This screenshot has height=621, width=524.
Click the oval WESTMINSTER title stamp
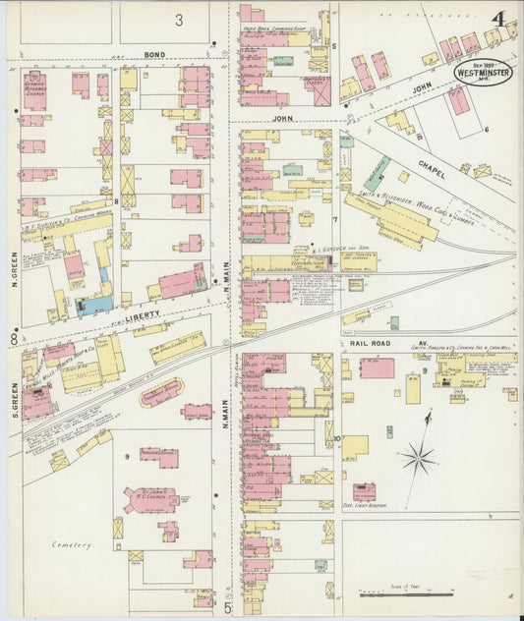483,72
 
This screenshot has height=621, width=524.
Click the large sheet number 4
500,19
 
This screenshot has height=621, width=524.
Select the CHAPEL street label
432,168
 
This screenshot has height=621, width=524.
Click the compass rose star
419,456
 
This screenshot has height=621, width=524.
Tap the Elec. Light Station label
364,507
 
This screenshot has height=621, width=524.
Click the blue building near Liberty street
94,306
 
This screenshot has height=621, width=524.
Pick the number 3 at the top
179,19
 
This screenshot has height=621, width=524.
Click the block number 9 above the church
126,456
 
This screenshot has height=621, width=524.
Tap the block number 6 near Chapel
486,129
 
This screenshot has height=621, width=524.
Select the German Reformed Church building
35,91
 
